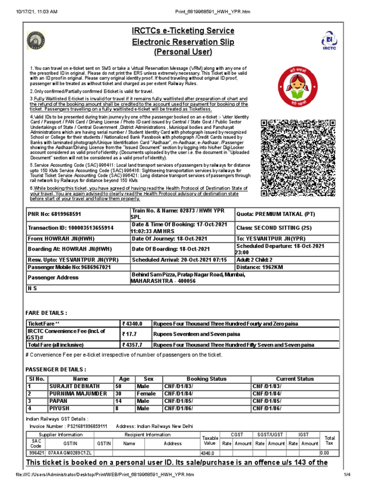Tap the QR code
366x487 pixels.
[298, 157]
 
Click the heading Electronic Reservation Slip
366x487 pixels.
[183, 42]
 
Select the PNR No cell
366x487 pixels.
[54, 214]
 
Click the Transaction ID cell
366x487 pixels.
[71, 228]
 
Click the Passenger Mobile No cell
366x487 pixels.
[70, 267]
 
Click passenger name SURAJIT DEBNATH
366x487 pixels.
[74, 386]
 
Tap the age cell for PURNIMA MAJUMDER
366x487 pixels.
[121, 394]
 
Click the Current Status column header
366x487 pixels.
[295, 379]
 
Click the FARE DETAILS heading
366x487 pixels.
[46, 312]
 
